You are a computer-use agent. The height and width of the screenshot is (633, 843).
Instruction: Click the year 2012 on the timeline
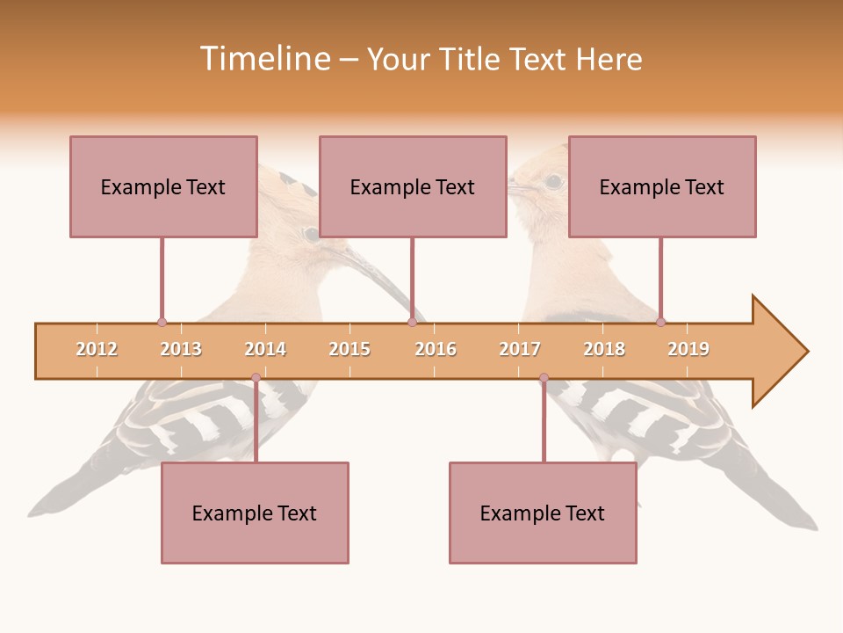point(97,349)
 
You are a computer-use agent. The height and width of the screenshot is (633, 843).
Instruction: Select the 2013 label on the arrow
point(181,349)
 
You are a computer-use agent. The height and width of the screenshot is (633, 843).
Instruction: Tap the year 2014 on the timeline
point(265,349)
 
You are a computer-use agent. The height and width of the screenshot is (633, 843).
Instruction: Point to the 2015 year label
point(349,349)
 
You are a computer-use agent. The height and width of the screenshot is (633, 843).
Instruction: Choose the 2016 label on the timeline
point(436,349)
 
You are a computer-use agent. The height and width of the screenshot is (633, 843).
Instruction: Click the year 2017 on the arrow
point(520,349)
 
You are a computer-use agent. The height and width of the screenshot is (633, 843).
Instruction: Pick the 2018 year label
point(604,349)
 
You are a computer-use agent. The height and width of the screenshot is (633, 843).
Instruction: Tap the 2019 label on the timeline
point(688,349)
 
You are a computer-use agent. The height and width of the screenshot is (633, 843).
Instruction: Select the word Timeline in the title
point(263,59)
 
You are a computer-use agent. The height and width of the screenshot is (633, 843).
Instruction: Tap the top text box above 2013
point(163,186)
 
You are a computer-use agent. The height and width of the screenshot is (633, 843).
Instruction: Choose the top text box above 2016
point(413,186)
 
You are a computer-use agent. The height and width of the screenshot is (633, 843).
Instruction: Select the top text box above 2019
point(662,186)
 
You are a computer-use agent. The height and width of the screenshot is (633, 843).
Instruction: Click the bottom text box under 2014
point(255,513)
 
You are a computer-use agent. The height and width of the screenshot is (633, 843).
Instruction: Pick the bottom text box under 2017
point(543,513)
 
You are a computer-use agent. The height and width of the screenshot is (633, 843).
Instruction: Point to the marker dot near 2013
point(162,323)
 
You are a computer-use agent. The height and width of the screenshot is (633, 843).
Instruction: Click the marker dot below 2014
point(256,377)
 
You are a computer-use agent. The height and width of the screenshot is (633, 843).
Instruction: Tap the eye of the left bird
point(311,234)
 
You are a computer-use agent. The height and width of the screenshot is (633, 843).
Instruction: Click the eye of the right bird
point(553,182)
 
